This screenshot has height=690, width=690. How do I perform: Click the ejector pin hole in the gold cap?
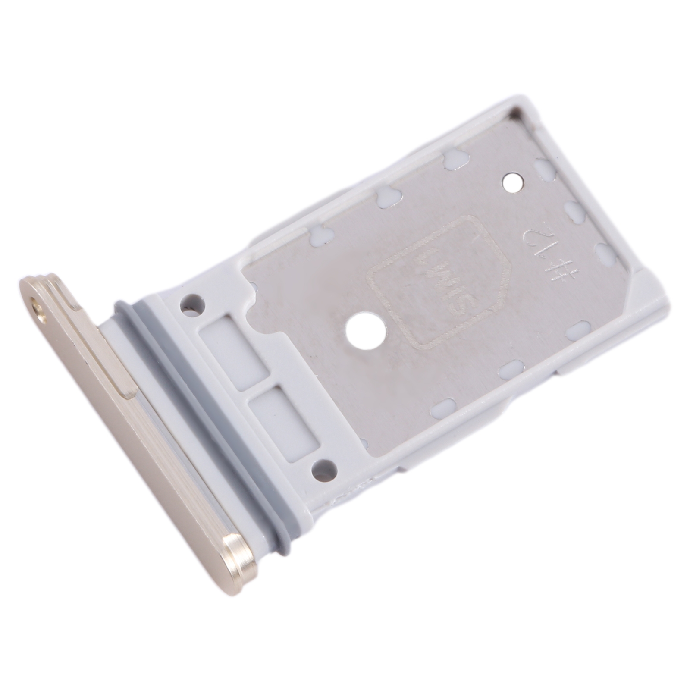tap(38, 309)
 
